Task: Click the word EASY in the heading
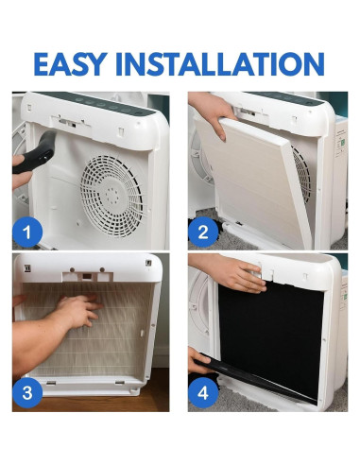[x=71, y=64]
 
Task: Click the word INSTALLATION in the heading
[x=220, y=64]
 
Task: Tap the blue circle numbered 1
[x=27, y=232]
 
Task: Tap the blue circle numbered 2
[x=203, y=232]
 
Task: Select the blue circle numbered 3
[x=27, y=393]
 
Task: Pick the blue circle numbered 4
[x=203, y=393]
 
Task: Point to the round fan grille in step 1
[x=111, y=196]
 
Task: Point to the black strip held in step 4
[x=252, y=378]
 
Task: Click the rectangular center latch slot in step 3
[x=87, y=277]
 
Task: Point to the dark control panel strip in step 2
[x=283, y=98]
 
